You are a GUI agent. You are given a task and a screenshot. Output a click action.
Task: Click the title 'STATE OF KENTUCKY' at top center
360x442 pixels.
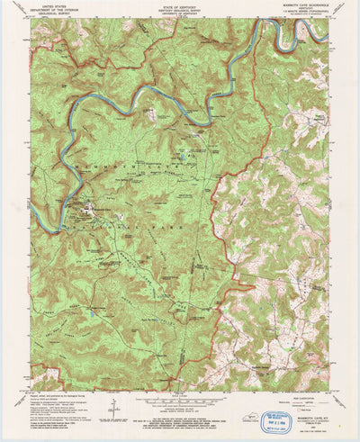(x=179, y=5)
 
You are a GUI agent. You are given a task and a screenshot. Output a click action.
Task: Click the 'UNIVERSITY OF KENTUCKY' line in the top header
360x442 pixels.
(x=179, y=15)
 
